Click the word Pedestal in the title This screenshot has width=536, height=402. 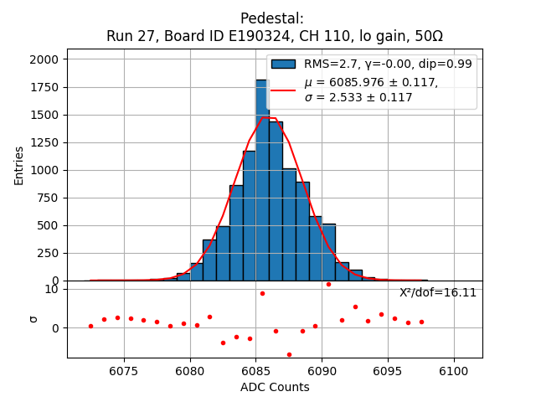click(x=271, y=18)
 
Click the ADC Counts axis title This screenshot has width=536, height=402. click(x=274, y=387)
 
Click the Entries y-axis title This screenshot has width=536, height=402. click(x=19, y=165)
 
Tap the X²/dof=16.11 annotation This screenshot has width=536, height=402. click(x=437, y=293)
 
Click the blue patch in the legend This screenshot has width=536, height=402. click(x=283, y=64)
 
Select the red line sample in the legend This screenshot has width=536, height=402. click(x=283, y=90)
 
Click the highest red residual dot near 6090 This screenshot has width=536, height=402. click(x=328, y=284)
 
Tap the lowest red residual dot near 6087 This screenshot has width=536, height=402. click(x=289, y=354)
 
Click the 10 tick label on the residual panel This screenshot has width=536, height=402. click(x=51, y=290)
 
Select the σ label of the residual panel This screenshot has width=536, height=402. click(x=33, y=318)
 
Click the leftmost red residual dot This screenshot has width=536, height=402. click(x=90, y=326)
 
